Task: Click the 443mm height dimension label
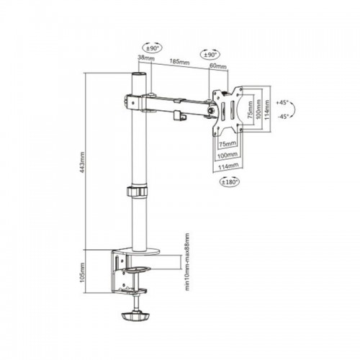pyautogui.click(x=82, y=163)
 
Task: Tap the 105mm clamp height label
pyautogui.click(x=82, y=272)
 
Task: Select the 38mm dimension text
pyautogui.click(x=146, y=58)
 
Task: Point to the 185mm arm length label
pyautogui.click(x=179, y=62)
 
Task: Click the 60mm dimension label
pyautogui.click(x=218, y=66)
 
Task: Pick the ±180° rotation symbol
pyautogui.click(x=230, y=181)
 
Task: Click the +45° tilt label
pyautogui.click(x=282, y=102)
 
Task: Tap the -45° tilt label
pyautogui.click(x=283, y=117)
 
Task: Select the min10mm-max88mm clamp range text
pyautogui.click(x=187, y=261)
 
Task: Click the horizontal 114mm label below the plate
pyautogui.click(x=228, y=166)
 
